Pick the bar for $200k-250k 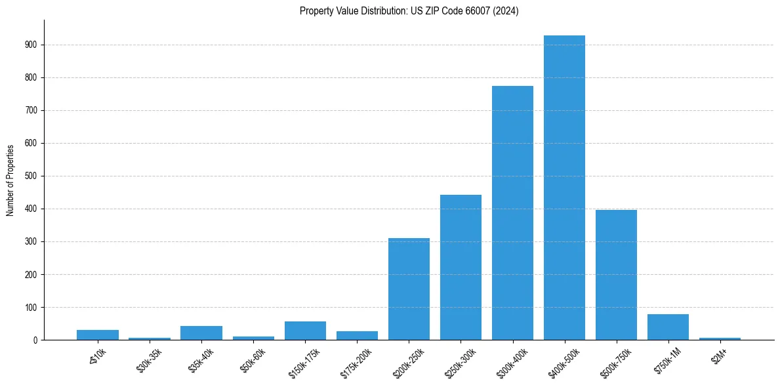click(x=409, y=289)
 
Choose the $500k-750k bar click(x=616, y=275)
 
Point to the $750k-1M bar click(x=668, y=327)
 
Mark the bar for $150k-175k click(x=305, y=331)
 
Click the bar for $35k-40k click(x=201, y=333)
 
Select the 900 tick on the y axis click(x=31, y=45)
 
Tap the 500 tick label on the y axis click(x=31, y=176)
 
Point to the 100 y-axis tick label click(x=31, y=307)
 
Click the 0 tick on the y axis click(x=35, y=340)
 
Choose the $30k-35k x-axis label click(x=150, y=359)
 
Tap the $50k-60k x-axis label click(x=253, y=359)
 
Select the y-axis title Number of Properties click(x=10, y=180)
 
